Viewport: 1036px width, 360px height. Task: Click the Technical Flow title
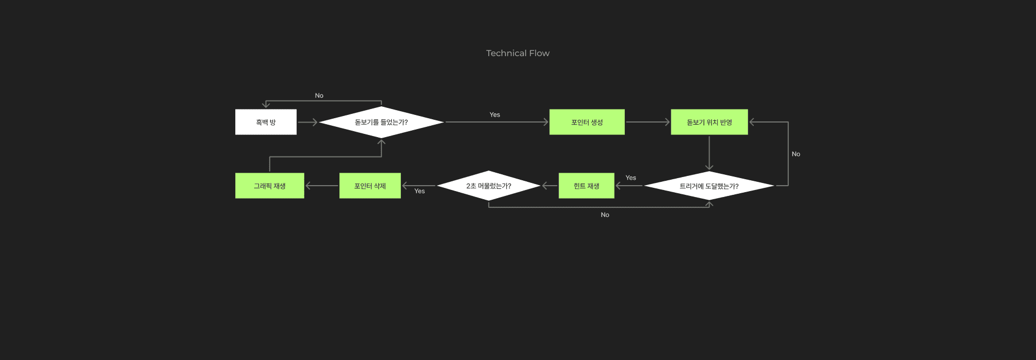(517, 53)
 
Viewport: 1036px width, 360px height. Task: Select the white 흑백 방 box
(266, 122)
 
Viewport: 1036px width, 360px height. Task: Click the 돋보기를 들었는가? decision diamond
(381, 122)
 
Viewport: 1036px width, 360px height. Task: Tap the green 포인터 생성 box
(587, 122)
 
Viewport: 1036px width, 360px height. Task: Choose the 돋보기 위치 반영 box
(709, 122)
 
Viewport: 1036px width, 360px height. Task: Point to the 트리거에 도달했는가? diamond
(709, 186)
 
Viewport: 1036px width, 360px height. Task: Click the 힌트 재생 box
(587, 186)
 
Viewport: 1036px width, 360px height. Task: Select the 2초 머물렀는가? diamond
(488, 186)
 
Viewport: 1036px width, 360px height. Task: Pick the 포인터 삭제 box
(370, 186)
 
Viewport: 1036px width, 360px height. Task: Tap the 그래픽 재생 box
(270, 186)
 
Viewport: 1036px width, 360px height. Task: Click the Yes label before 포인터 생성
(495, 114)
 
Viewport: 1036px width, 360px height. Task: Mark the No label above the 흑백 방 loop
(319, 96)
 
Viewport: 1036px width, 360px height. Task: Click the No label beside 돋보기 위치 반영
(796, 154)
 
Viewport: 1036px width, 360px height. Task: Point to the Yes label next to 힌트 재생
(631, 178)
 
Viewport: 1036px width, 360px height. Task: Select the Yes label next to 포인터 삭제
(419, 191)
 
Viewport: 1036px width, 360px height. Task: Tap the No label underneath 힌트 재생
(605, 215)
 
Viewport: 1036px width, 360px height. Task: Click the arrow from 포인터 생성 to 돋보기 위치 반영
(647, 122)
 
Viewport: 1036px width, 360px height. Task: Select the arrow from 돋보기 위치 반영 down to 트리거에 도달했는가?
(709, 153)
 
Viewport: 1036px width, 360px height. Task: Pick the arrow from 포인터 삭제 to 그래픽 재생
(322, 186)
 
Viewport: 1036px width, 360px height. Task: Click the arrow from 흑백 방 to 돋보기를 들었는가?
(308, 122)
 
